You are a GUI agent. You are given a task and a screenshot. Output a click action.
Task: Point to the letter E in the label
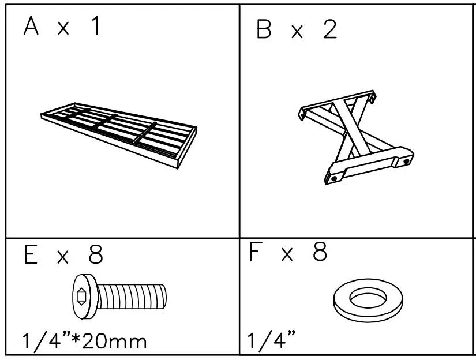[31, 254]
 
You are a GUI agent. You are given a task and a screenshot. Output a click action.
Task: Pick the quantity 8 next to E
[95, 254]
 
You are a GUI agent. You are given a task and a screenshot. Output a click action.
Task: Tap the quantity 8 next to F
[320, 252]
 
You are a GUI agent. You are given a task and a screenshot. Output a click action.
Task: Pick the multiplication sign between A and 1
[63, 29]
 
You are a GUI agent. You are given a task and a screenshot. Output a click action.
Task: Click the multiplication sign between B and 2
[297, 32]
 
